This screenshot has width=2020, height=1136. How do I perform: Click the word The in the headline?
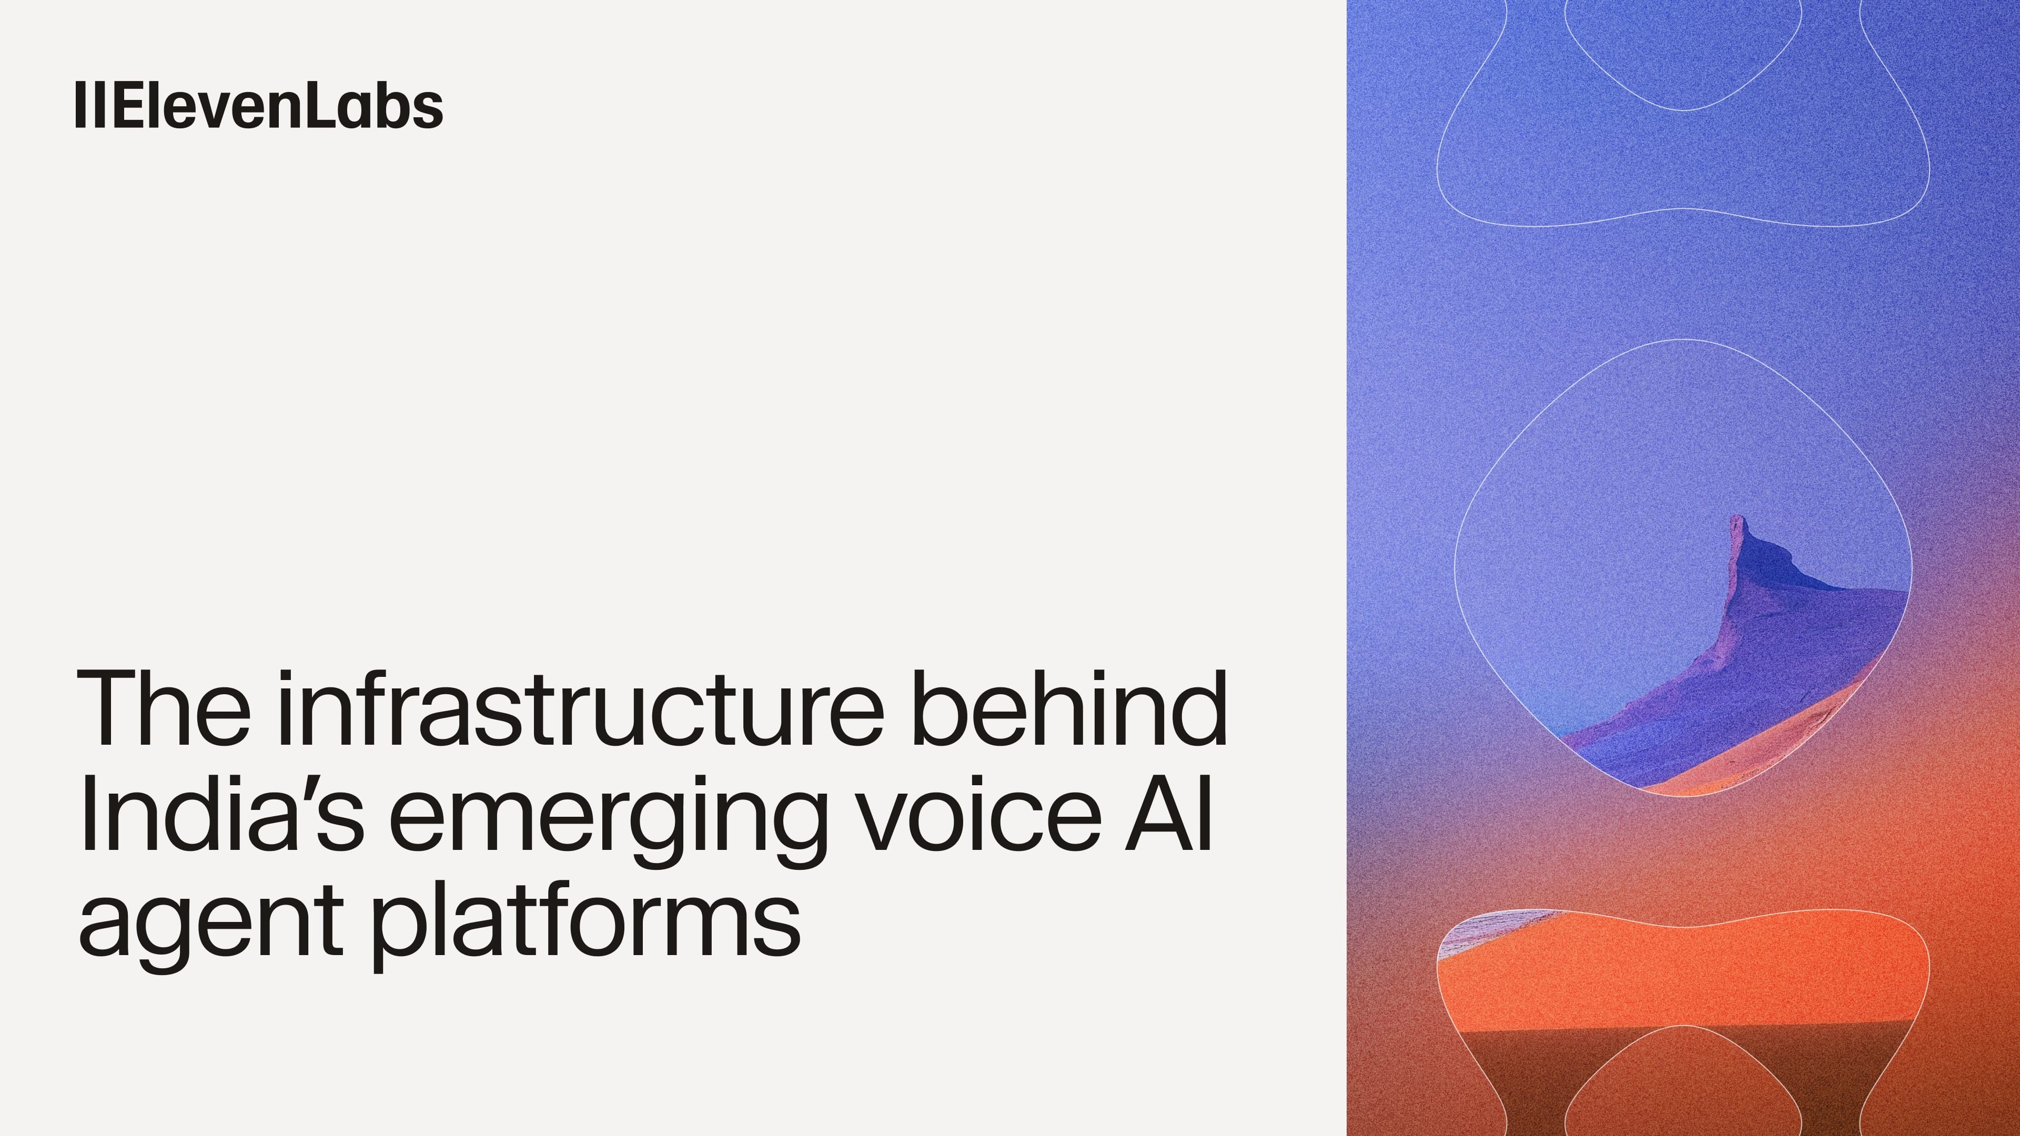pyautogui.click(x=163, y=708)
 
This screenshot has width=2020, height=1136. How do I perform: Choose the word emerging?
pyautogui.click(x=608, y=819)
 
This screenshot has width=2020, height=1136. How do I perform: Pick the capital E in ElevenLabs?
pyautogui.click(x=131, y=105)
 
